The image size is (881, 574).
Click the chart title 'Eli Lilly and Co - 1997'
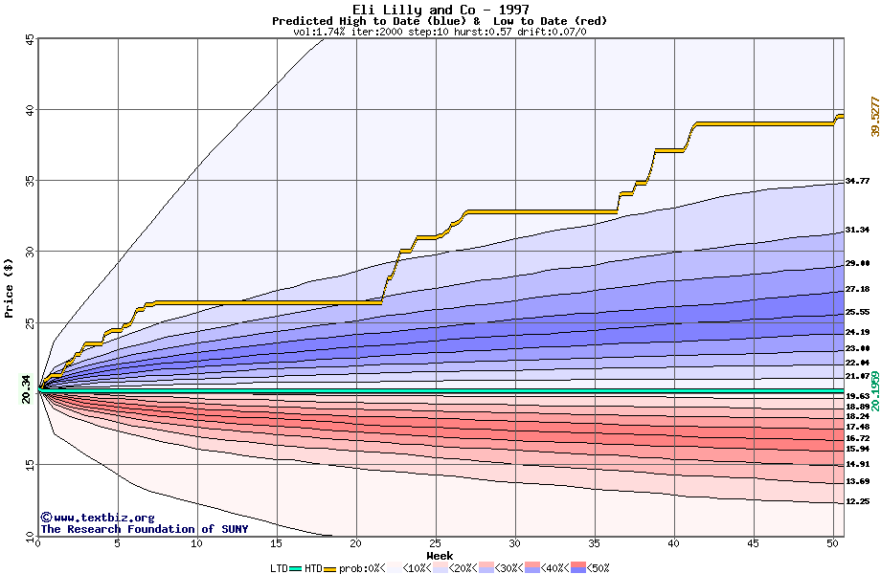coord(440,9)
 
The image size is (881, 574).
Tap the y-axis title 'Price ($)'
coord(9,287)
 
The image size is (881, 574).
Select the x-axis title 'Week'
coord(440,556)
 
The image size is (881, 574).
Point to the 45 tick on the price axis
coord(29,39)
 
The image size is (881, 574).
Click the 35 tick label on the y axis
coord(29,181)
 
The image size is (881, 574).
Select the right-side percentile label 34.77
coord(857,181)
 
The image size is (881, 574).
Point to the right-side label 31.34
coord(857,230)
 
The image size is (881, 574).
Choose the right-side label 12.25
coord(857,501)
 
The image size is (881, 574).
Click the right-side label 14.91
coord(857,464)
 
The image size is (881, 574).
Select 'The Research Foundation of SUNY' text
coord(144,529)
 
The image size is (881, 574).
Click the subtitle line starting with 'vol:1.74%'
coord(440,32)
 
